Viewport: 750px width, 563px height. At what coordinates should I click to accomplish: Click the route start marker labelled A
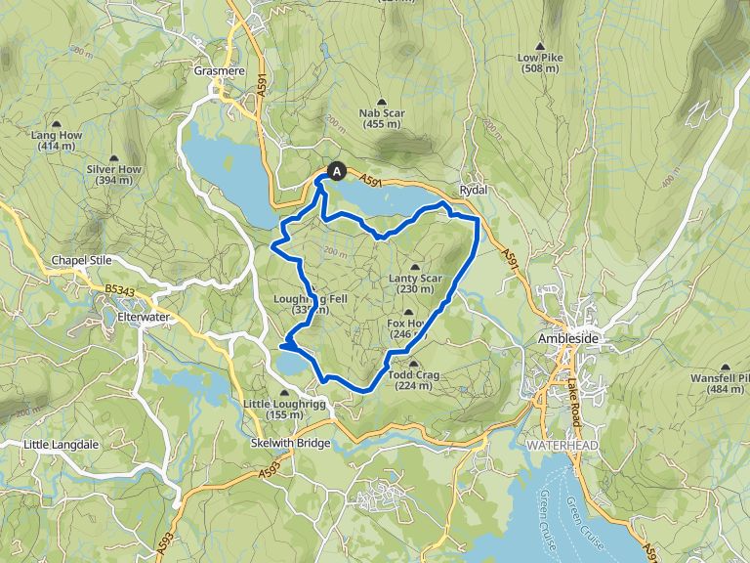[338, 171]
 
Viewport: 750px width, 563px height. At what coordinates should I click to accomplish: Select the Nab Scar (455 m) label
[382, 118]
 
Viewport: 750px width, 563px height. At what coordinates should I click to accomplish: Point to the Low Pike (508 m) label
[541, 63]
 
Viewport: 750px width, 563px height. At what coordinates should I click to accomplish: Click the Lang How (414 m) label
[57, 141]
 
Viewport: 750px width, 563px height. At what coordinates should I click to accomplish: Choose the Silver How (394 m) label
[115, 174]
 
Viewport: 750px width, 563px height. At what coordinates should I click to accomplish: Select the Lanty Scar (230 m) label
[415, 283]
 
